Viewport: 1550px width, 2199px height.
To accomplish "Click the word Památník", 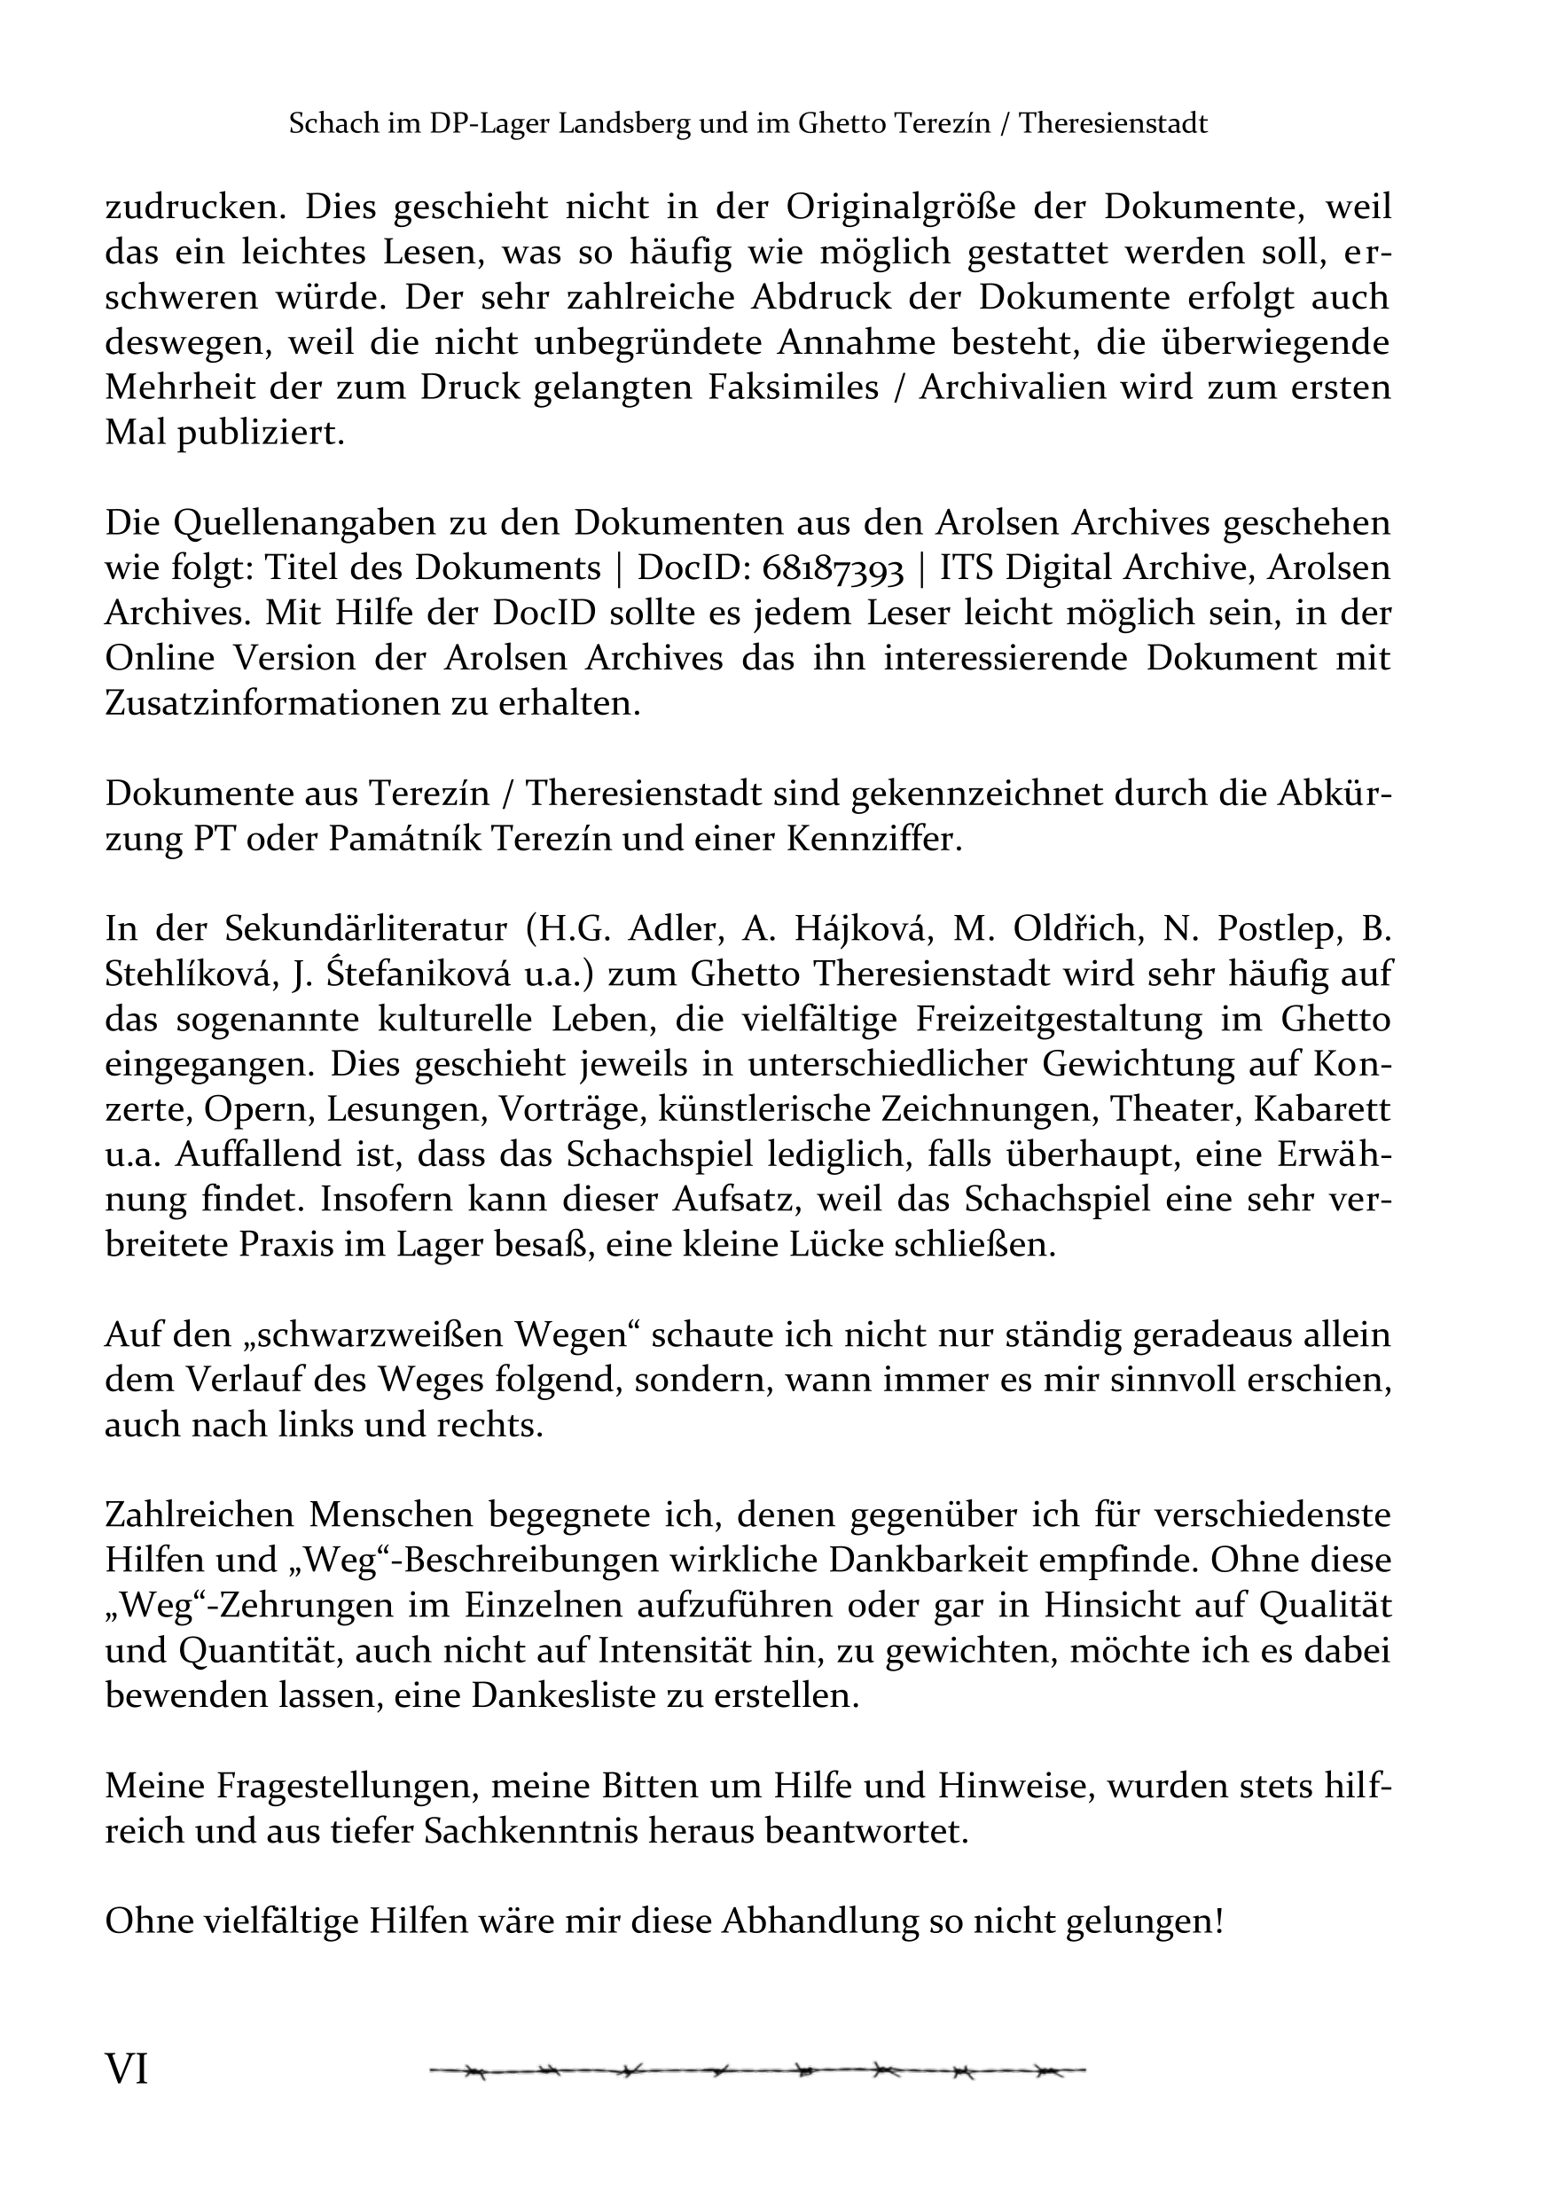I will click(x=408, y=841).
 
